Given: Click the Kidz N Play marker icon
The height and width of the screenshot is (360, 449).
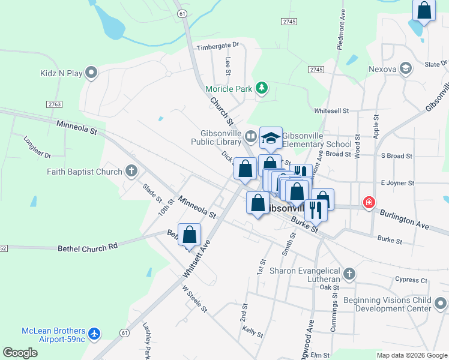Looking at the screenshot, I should click(x=91, y=73).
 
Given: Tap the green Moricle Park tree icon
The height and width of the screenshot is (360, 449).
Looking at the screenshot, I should click(x=261, y=89).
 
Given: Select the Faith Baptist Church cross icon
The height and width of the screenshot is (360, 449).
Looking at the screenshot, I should click(x=132, y=172).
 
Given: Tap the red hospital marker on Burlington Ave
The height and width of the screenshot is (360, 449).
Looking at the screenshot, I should click(x=369, y=203).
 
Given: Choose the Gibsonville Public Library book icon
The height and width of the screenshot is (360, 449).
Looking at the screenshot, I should click(x=250, y=137).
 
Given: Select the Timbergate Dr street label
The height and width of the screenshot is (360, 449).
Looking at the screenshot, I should click(x=218, y=45).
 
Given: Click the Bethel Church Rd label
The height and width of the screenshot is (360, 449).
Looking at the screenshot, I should click(x=88, y=247).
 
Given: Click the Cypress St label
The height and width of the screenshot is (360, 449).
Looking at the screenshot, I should click(x=411, y=280).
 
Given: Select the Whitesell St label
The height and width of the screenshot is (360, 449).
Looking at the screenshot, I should click(x=331, y=111).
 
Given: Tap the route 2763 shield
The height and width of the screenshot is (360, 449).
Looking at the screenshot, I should click(x=55, y=104).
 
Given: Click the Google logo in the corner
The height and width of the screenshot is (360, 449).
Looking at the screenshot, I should click(x=20, y=352).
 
